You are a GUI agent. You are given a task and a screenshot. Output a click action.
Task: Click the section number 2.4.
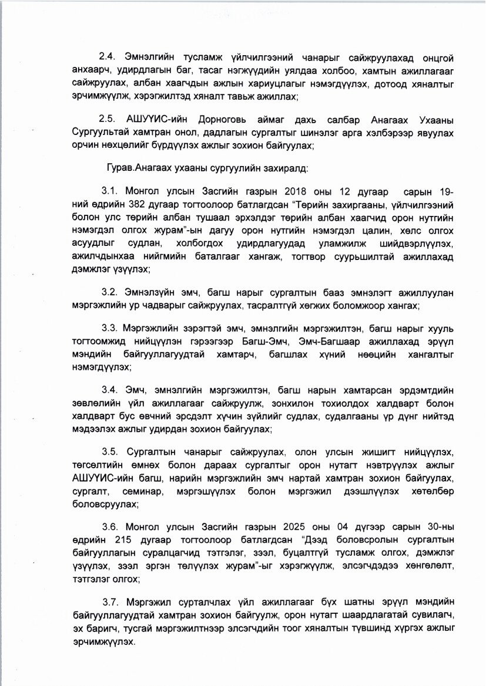[108, 58]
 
